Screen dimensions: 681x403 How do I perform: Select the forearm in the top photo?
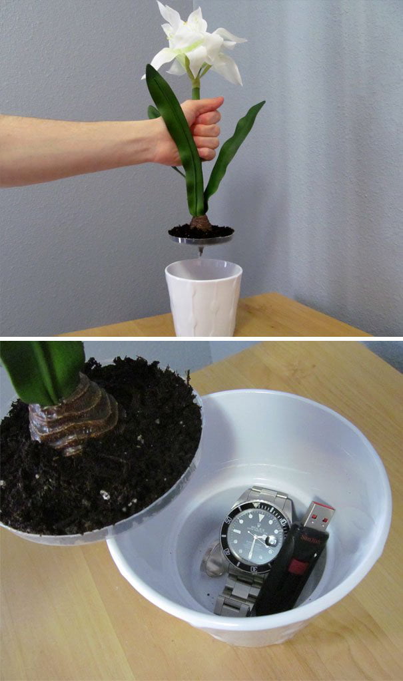pos(73,148)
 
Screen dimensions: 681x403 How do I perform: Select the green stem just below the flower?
pos(196,89)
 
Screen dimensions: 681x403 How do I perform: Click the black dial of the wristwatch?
pos(253,536)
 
